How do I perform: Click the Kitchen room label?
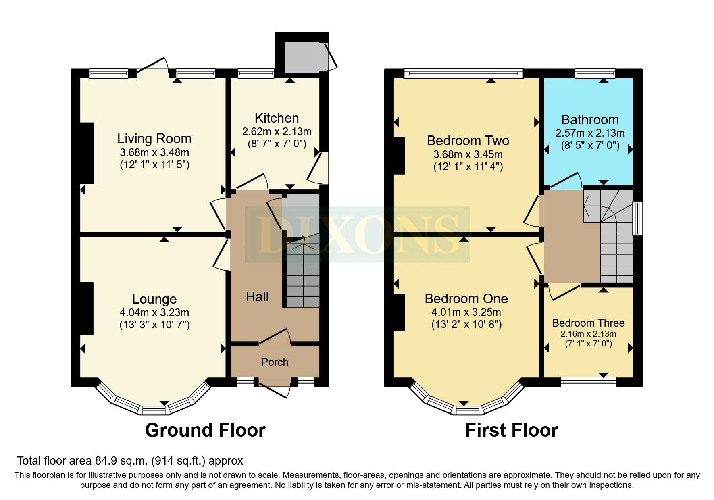(x=277, y=118)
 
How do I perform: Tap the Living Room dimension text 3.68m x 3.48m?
(x=154, y=153)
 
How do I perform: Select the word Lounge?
(x=154, y=299)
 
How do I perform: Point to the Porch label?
(x=275, y=362)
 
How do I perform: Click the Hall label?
(x=257, y=297)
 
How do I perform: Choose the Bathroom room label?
(x=590, y=120)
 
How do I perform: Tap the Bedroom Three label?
(x=588, y=323)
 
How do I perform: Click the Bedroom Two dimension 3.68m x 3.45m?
(x=468, y=154)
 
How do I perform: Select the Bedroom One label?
(x=466, y=299)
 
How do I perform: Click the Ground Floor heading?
(x=205, y=430)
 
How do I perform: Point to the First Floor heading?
(x=511, y=430)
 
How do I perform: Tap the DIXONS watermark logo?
(x=357, y=235)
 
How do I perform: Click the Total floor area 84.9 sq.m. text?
(x=130, y=460)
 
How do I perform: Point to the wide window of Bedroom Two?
(x=464, y=73)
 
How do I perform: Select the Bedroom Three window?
(x=588, y=381)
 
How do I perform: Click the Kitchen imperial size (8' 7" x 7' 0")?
(x=277, y=144)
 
